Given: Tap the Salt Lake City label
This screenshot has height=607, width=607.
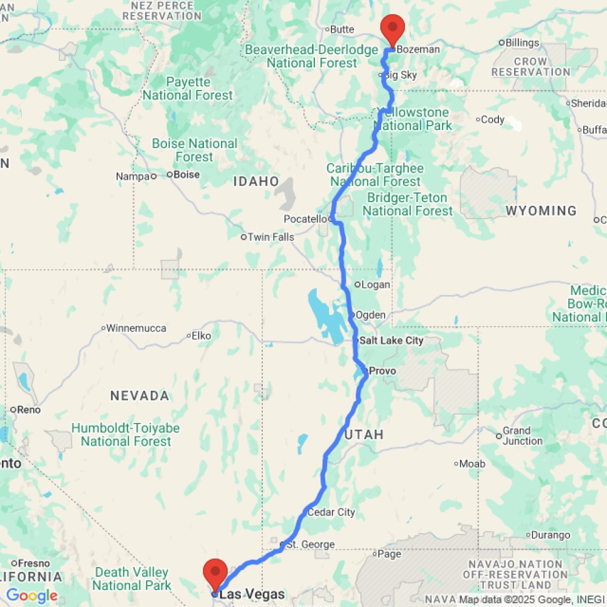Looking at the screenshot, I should point(391,341).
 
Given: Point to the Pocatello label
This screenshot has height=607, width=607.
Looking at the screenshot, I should point(305,219).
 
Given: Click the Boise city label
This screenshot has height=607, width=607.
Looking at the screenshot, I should point(186,175).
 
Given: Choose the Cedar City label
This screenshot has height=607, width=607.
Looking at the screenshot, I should point(331,512).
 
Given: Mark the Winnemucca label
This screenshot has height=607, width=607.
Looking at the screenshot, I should point(136,328).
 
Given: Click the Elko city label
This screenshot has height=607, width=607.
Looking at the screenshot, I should point(201,335).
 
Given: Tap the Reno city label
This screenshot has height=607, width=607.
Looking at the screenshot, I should point(29,410).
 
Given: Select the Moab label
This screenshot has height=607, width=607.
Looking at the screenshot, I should point(473,464).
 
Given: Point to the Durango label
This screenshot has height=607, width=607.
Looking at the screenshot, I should point(551,535).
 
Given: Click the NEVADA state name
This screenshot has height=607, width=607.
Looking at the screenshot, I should point(140,396).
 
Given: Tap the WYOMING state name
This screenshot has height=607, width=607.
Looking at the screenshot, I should point(541,211).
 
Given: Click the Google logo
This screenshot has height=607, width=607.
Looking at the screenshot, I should point(32,596).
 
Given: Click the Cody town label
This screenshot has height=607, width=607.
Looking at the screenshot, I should point(492,120).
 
